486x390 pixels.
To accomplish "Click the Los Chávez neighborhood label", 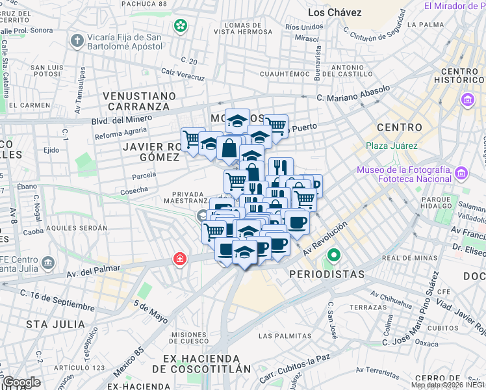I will click(335, 12).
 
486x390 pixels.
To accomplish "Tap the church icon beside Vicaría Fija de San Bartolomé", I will click(77, 42).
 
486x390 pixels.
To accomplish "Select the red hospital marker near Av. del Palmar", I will click(179, 260).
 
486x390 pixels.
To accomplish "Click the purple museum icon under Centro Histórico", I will click(467, 101).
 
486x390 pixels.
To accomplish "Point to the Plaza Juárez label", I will click(391, 146).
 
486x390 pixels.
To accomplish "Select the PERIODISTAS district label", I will click(327, 274).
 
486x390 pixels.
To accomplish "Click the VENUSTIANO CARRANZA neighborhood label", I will click(140, 101).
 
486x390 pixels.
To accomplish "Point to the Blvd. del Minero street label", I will click(122, 119).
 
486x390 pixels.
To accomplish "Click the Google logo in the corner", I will click(21, 382).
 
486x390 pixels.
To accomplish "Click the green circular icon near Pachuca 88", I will click(180, 26).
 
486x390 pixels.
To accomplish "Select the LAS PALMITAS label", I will click(284, 336).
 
